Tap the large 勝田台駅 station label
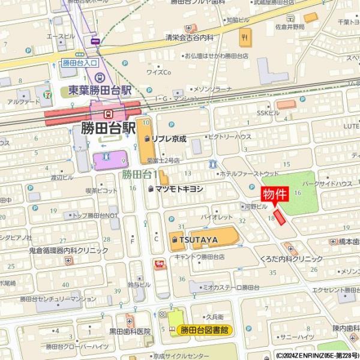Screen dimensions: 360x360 pyautogui.click(x=108, y=128)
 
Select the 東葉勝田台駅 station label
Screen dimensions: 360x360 pyautogui.click(x=100, y=91)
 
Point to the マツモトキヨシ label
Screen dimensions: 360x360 pyautogui.click(x=179, y=188)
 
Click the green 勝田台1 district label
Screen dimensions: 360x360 pyautogui.click(x=139, y=175)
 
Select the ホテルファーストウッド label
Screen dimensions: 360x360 pyautogui.click(x=246, y=173)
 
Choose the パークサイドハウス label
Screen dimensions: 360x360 pyautogui.click(x=326, y=183)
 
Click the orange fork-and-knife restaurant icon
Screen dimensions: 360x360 pyautogui.click(x=244, y=40)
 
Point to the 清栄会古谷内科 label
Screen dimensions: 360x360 pyautogui.click(x=190, y=37)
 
